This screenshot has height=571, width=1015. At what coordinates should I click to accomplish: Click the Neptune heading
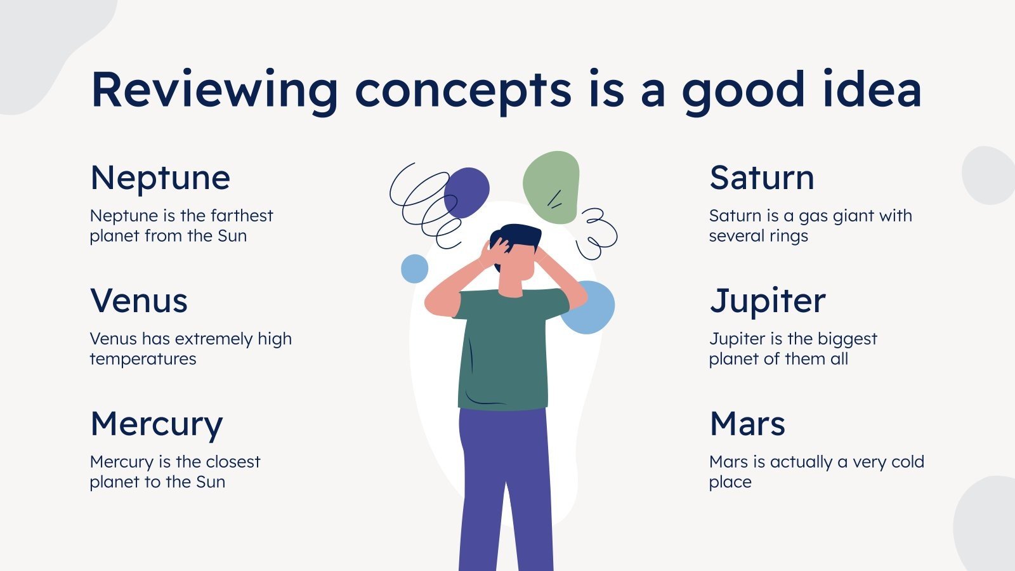160,178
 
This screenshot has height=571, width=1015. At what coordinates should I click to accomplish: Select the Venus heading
139,301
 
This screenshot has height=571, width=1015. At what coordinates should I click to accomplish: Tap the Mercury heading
157,424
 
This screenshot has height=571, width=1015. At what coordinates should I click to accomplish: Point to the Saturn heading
761,178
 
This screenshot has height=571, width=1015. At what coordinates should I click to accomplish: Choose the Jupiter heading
768,301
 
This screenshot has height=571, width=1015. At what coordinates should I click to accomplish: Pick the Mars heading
747,424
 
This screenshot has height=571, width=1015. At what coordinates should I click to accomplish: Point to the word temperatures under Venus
143,359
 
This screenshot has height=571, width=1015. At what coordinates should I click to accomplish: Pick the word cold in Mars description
903,462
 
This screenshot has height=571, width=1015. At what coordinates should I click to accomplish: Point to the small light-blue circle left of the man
414,268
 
